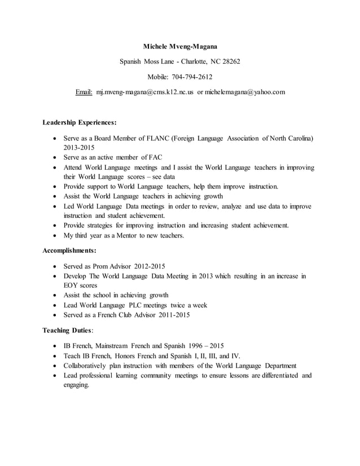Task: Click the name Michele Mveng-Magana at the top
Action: coord(180,45)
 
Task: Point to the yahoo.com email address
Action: coord(245,91)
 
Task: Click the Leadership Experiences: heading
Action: coord(80,122)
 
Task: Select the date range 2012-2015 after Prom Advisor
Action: coord(150,266)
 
